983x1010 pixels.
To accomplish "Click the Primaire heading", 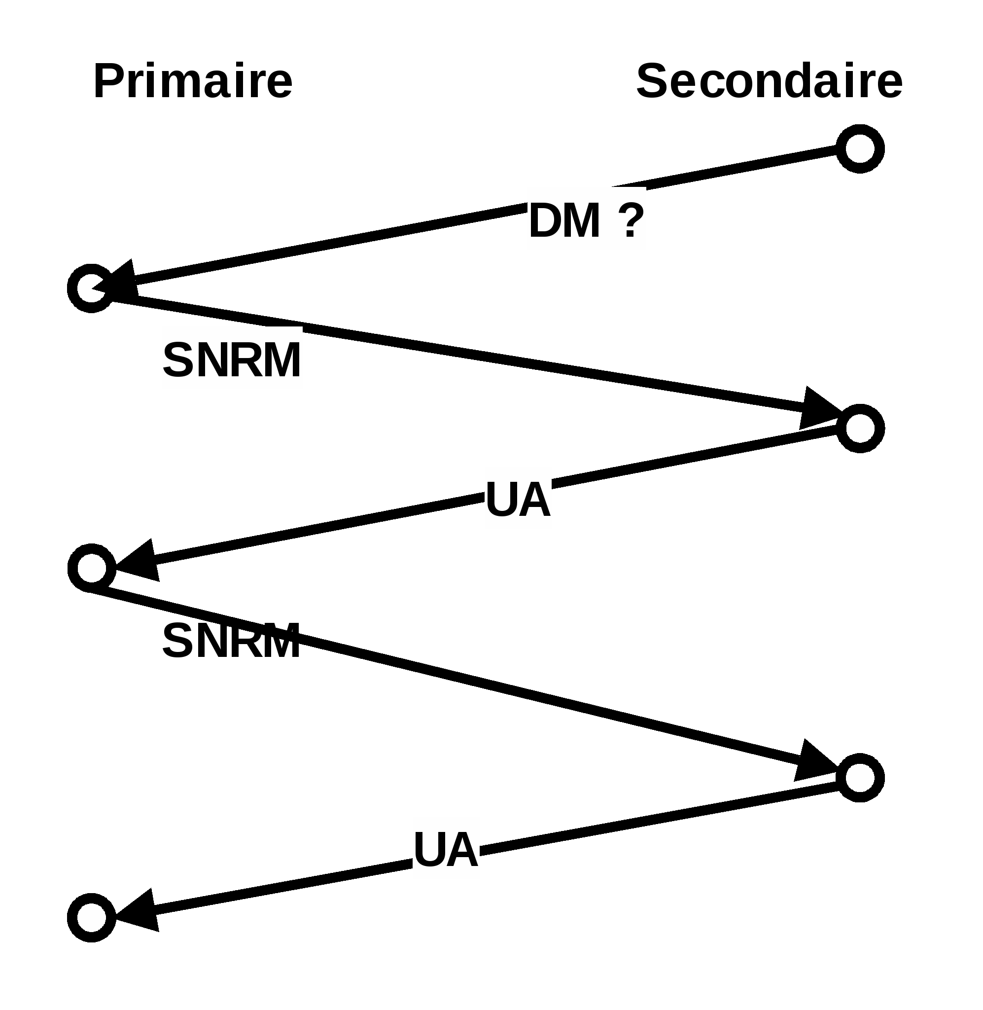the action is (193, 81).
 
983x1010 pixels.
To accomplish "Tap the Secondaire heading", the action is (769, 81).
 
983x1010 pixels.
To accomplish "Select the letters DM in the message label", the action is (565, 220).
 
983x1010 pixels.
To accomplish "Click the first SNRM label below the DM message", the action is (232, 360).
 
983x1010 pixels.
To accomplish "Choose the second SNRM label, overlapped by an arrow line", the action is (231, 641).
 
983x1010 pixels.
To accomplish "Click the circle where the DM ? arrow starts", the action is (860, 149).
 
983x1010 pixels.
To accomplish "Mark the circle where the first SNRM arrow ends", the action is (860, 429).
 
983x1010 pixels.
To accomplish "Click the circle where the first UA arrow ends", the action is (91, 568).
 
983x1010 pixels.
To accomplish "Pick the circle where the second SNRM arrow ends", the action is (860, 778).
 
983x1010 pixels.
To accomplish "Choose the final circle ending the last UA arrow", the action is (91, 918).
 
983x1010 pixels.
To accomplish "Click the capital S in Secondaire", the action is (653, 81).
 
